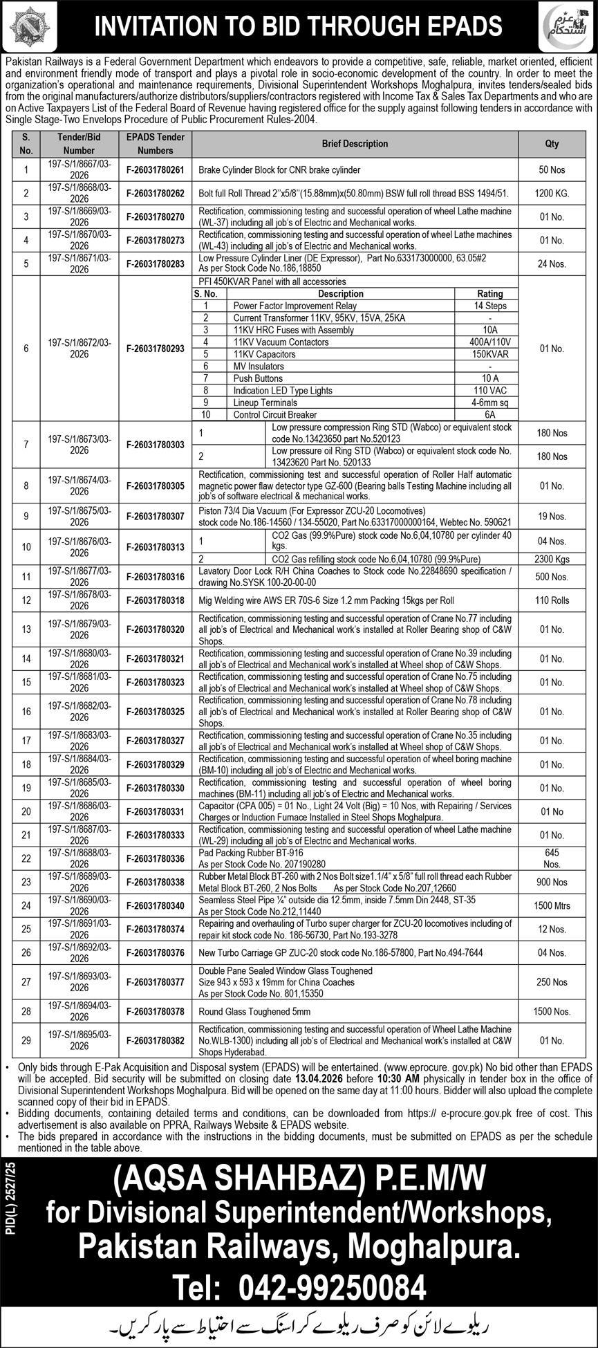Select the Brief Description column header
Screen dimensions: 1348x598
(x=355, y=144)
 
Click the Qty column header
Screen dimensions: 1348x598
(x=552, y=144)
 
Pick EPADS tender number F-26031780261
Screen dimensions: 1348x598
(x=156, y=169)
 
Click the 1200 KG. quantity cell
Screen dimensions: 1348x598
(x=552, y=194)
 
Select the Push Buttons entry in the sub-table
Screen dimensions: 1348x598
(x=258, y=378)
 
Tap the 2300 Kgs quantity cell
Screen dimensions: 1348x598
(x=552, y=559)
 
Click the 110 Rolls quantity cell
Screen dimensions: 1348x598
(x=552, y=600)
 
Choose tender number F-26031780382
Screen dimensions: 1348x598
(x=156, y=1040)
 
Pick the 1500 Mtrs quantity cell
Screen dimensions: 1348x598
(x=552, y=905)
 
